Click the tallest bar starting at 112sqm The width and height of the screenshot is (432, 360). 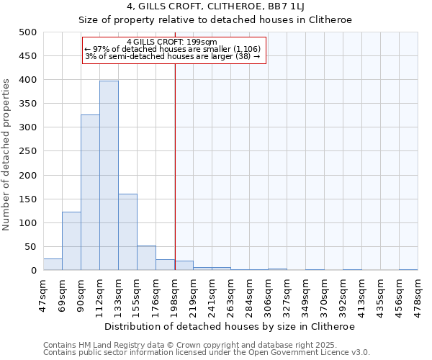click(x=109, y=176)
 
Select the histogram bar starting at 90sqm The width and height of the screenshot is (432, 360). click(x=90, y=193)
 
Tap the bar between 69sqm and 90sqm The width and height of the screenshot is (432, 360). click(x=71, y=241)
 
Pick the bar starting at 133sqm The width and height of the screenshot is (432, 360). click(x=127, y=232)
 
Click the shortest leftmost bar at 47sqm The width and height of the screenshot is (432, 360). click(x=53, y=264)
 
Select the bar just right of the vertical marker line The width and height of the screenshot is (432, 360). click(x=184, y=266)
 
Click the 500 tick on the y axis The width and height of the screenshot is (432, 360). click(x=28, y=32)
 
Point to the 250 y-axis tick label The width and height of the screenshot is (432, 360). click(x=28, y=151)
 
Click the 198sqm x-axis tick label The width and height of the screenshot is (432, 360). click(x=175, y=294)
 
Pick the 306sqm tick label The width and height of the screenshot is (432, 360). click(x=269, y=294)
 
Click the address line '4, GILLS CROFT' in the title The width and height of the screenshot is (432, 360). click(x=215, y=6)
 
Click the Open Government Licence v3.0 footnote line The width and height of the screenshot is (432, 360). click(x=206, y=353)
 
